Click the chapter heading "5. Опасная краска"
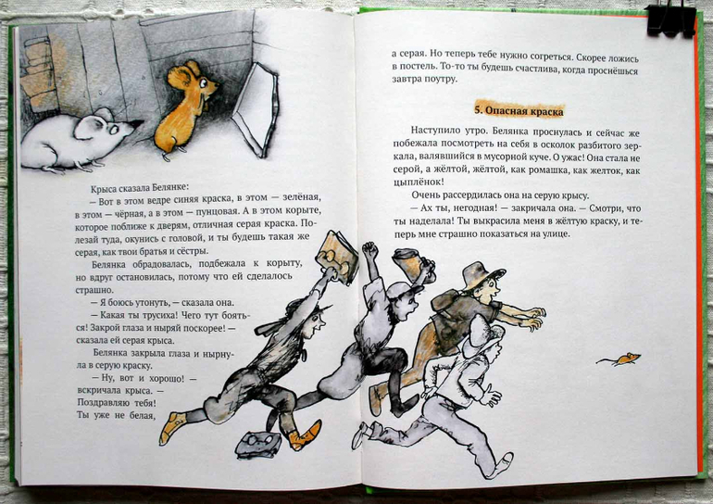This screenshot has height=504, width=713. tap(519, 110)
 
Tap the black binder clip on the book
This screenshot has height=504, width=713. tap(671, 20)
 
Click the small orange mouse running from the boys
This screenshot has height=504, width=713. tap(619, 359)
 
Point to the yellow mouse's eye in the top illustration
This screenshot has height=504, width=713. tap(204, 84)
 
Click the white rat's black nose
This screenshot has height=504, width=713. tap(137, 123)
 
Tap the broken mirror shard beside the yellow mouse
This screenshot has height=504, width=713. tap(256, 110)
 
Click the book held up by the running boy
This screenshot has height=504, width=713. tap(337, 257)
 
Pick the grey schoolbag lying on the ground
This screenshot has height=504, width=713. tap(258, 445)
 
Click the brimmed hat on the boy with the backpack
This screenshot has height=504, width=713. tap(482, 274)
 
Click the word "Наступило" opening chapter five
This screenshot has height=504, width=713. tap(432, 131)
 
